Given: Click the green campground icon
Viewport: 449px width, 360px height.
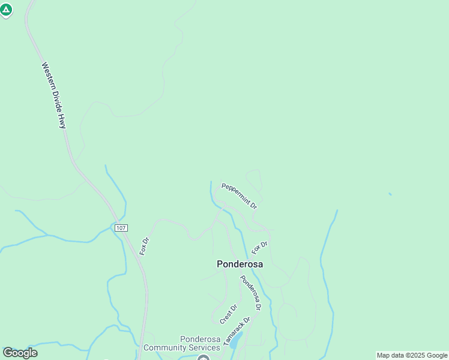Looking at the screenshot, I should click(x=6, y=10).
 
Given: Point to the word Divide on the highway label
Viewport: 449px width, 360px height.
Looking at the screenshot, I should click(x=58, y=102).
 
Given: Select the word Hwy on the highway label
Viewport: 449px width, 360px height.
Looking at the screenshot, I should click(x=62, y=122).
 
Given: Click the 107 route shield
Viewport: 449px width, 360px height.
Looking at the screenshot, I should click(x=121, y=228).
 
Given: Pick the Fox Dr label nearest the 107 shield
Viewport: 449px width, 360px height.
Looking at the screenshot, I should click(x=144, y=246).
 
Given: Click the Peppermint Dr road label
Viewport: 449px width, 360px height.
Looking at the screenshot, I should click(x=239, y=196).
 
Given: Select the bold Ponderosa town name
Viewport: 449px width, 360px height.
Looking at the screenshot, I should click(x=240, y=263).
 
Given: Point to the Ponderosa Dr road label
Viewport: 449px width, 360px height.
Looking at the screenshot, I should click(x=251, y=292).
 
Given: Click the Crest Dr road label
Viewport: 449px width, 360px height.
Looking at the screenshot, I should click(x=229, y=314).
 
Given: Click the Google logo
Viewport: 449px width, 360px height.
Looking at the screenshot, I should click(x=20, y=353).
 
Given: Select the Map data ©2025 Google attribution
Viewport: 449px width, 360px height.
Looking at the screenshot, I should click(x=412, y=355).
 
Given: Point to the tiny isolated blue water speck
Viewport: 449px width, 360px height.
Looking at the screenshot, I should click(x=390, y=194).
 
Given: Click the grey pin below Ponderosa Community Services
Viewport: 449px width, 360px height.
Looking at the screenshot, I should click(x=203, y=358).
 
